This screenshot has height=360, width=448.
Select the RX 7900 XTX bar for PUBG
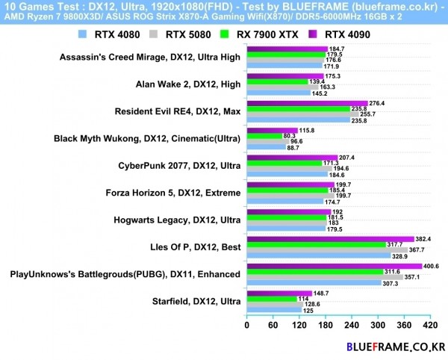pyautogui.click(x=314, y=272)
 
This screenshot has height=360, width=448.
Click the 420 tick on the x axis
pyautogui.click(x=429, y=326)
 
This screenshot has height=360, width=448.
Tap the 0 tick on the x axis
pyautogui.click(x=246, y=326)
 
